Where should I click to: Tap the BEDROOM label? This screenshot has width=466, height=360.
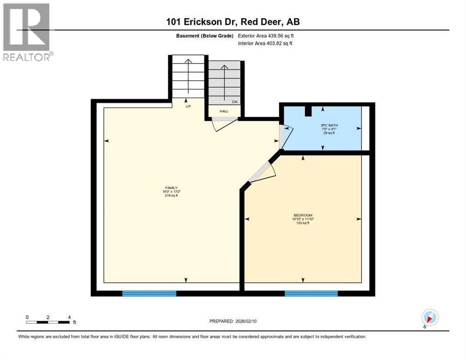click(302, 215)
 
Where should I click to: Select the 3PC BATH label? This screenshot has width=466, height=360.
click(329, 126)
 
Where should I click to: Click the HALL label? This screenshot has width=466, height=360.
click(224, 111)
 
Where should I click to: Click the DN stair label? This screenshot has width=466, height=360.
click(235, 101)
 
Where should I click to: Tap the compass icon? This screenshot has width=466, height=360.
click(429, 317)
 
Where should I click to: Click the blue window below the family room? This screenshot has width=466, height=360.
click(149, 293)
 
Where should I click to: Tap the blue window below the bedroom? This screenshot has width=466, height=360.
click(311, 293)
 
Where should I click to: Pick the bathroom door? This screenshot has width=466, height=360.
click(286, 136)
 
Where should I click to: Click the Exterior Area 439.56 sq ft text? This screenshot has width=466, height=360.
click(266, 36)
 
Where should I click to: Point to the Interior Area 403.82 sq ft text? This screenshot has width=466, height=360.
click(266, 44)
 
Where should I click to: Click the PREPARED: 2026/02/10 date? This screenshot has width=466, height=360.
click(233, 321)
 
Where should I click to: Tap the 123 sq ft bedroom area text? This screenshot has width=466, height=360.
click(302, 223)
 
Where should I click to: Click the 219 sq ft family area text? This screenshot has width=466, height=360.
click(170, 195)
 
